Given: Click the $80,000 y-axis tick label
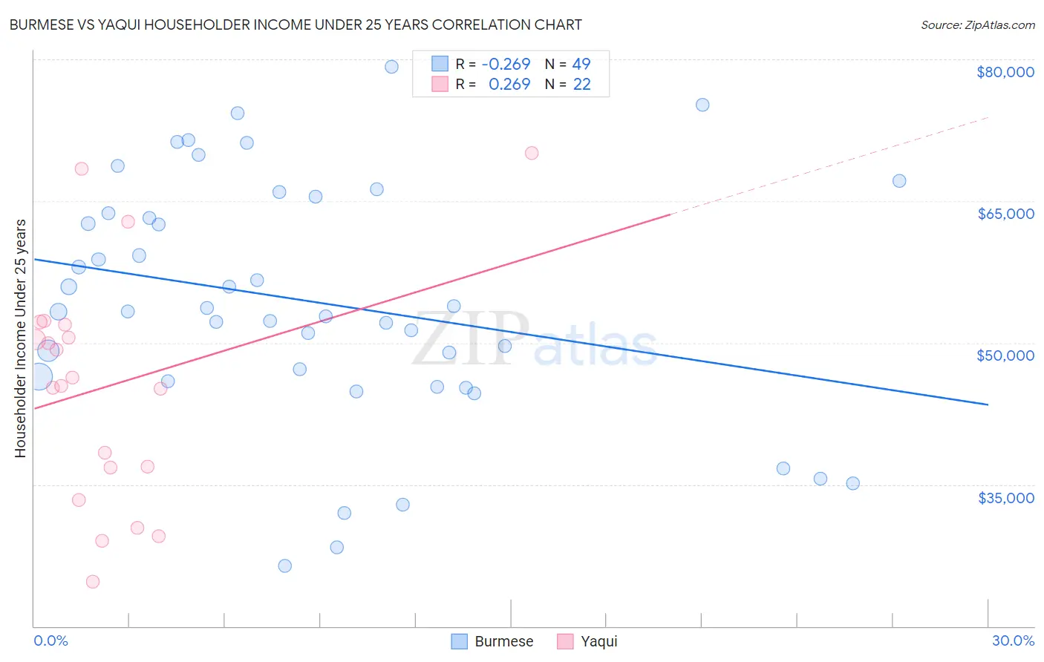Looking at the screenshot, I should (x=1005, y=72).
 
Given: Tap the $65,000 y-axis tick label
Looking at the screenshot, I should (x=1005, y=214).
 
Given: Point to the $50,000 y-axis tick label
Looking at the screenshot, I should (x=1005, y=355).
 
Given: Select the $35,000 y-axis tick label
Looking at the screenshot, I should (x=1005, y=498).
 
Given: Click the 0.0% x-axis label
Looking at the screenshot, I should (x=50, y=640).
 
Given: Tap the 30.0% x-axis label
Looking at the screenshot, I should (x=1013, y=640).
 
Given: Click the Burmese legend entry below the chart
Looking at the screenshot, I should (x=493, y=641).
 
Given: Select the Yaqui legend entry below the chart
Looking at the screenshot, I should (x=587, y=641).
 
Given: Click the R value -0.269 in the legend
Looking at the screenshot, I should (x=506, y=65).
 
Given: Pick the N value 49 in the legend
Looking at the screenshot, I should (x=581, y=65).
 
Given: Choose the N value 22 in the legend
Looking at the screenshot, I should (x=581, y=85).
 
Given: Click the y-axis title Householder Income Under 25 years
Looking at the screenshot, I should (x=21, y=338).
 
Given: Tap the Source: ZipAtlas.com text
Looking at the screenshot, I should (x=977, y=25).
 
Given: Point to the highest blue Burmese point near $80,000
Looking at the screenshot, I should (x=391, y=67).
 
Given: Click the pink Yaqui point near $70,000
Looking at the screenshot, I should (x=532, y=154).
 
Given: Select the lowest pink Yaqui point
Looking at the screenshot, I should (x=93, y=581).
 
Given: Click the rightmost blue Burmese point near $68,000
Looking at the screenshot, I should (x=899, y=181).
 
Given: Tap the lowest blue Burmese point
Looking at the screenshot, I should (x=284, y=566).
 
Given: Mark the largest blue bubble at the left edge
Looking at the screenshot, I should (x=40, y=377).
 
